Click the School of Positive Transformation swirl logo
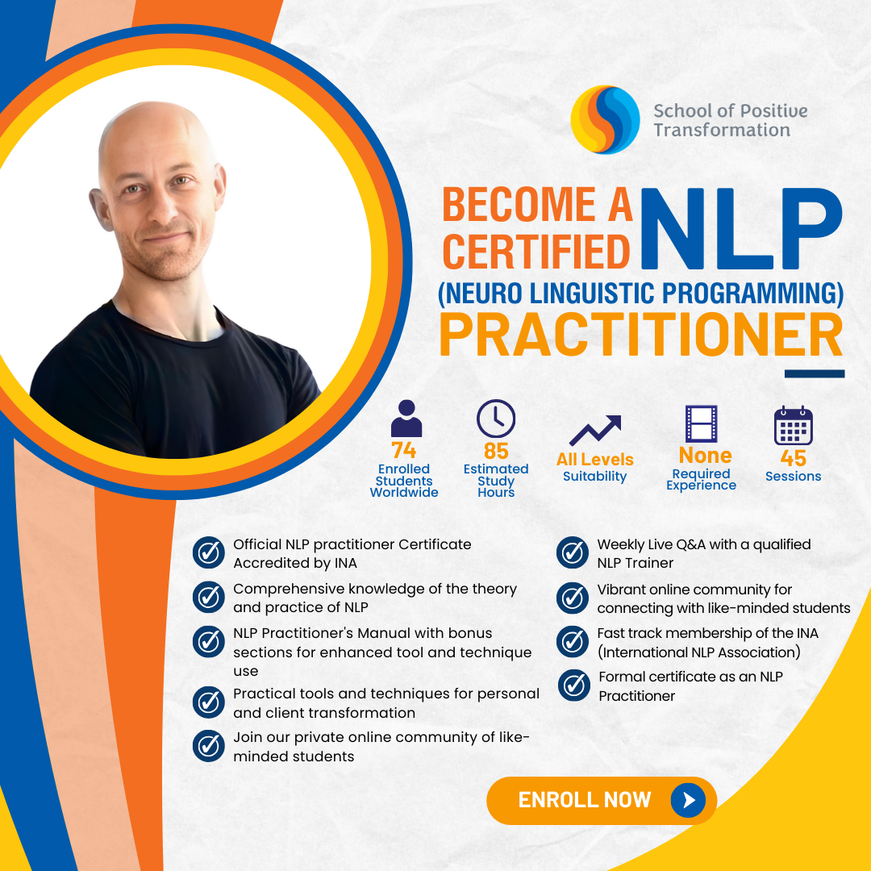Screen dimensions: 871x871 605,119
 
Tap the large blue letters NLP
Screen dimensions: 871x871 740,229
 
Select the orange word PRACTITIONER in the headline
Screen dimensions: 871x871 641,334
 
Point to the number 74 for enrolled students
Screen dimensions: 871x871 403,450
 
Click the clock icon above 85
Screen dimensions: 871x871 496,419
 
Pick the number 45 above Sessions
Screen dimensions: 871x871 793,457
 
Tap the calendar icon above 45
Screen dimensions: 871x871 793,426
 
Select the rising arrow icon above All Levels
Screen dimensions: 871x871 595,431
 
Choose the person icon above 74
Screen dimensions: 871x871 406,419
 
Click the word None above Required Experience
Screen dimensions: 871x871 705,455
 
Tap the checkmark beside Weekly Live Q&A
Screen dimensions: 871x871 573,553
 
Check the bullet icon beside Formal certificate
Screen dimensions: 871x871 573,686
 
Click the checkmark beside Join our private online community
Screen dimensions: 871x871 209,745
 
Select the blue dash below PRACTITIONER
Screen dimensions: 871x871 814,374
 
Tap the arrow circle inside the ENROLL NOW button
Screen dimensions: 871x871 688,800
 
